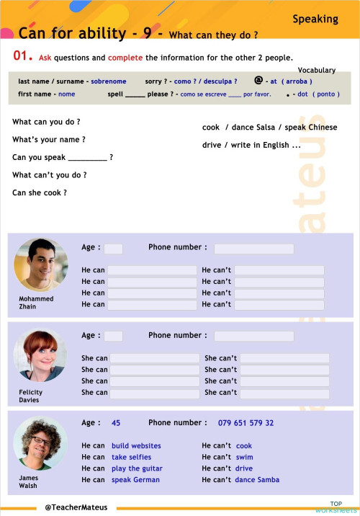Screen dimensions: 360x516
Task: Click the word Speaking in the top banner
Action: [315, 19]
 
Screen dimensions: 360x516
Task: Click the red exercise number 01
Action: [22, 55]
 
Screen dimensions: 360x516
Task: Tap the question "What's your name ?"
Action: [48, 140]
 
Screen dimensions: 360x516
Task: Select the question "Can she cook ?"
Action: [40, 192]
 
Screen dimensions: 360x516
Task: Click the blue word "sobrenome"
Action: [108, 81]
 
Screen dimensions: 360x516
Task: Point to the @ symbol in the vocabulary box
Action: [258, 81]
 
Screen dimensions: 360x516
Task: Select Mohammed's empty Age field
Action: [113, 249]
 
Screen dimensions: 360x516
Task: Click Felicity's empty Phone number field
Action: [253, 336]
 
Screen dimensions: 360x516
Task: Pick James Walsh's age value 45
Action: [116, 423]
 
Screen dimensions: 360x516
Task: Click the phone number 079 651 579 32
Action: [246, 423]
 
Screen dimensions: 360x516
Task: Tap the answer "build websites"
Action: [136, 446]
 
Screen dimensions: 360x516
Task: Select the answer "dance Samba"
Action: [257, 479]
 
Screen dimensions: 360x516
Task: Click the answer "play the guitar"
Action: [137, 468]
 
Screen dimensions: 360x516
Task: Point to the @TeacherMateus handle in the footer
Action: [76, 507]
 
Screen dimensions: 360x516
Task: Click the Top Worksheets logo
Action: [336, 507]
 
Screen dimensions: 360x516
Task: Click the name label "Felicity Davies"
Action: [30, 396]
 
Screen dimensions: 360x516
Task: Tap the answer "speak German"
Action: [136, 479]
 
